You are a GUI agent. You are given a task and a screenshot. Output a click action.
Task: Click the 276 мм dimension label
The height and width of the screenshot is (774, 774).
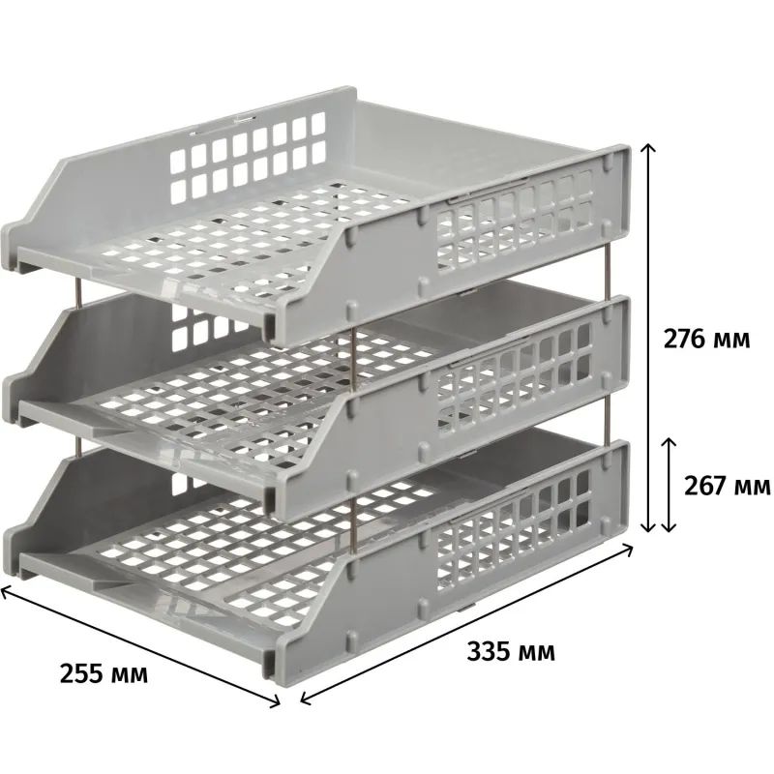pyautogui.click(x=706, y=340)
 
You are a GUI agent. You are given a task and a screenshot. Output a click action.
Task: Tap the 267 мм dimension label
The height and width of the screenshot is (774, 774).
pyautogui.click(x=727, y=486)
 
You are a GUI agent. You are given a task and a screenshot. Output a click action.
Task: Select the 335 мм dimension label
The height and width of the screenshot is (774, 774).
pyautogui.click(x=511, y=651)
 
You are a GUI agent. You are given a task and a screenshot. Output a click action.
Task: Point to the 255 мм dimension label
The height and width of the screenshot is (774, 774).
pyautogui.click(x=104, y=673)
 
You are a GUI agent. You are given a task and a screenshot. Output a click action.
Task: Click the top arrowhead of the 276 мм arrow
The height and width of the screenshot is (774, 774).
pyautogui.click(x=647, y=147)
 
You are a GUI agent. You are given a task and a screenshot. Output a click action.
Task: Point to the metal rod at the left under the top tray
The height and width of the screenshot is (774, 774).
pyautogui.click(x=78, y=292)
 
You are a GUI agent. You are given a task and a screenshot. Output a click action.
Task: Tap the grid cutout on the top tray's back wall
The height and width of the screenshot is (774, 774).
pyautogui.click(x=248, y=157)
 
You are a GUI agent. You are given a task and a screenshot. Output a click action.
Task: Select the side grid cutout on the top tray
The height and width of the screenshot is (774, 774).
pyautogui.click(x=515, y=221)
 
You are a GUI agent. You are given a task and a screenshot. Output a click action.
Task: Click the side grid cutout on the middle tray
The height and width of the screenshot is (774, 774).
pyautogui.click(x=514, y=372)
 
